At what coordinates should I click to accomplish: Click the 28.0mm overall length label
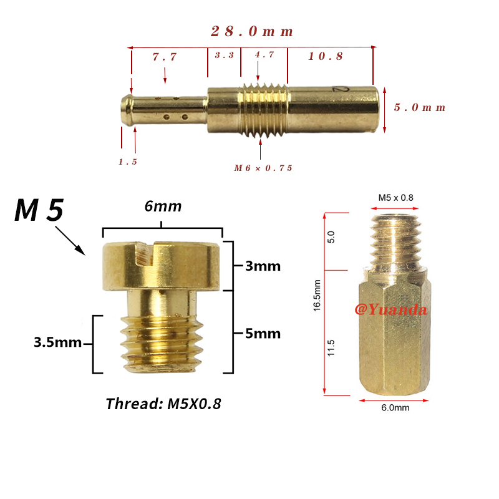[252, 32]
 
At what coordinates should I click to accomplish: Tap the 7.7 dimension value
[165, 57]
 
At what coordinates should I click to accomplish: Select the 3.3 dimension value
[225, 55]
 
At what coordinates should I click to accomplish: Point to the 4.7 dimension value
[264, 54]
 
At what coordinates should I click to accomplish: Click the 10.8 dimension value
[326, 56]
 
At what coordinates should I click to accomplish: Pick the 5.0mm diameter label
[419, 107]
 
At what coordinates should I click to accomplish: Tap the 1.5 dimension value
[128, 162]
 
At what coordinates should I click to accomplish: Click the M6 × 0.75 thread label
[263, 168]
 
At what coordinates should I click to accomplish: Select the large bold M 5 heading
[39, 210]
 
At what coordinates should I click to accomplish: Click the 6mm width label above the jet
[163, 206]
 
